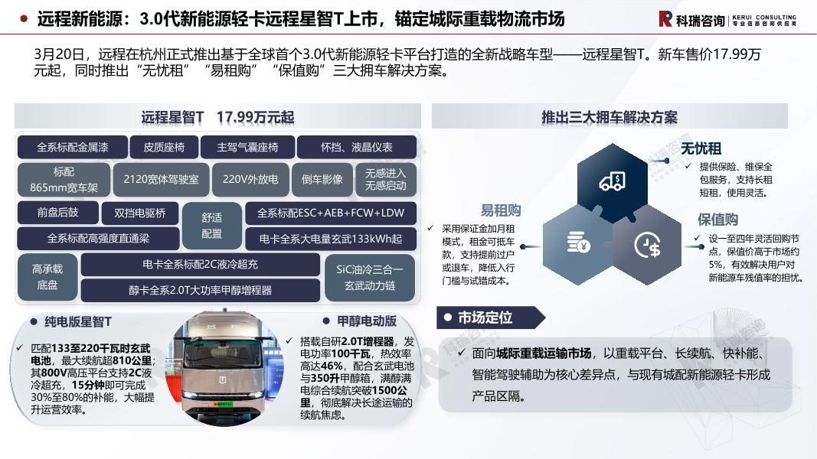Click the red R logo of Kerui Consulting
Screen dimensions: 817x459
tap(665, 19)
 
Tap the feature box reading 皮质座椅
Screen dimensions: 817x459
tap(164, 148)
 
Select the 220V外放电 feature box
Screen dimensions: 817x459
tap(250, 180)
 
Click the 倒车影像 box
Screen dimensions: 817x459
tap(322, 180)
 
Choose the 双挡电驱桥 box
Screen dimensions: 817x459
tap(139, 213)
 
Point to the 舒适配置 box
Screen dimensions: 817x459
tap(211, 226)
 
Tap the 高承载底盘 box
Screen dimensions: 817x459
tap(47, 277)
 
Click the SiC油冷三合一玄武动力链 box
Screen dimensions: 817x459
tap(369, 278)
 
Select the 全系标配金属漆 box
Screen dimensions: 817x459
tap(73, 148)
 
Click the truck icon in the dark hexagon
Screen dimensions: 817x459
tap(613, 181)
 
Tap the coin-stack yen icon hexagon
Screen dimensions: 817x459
tap(578, 243)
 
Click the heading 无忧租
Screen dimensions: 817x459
tap(701, 149)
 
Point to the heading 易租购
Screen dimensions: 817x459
tap(501, 210)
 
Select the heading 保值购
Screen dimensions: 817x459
tap(717, 220)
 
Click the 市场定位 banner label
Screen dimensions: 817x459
tap(485, 317)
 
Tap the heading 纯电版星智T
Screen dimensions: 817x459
tap(77, 321)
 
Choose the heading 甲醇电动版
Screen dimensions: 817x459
tap(367, 321)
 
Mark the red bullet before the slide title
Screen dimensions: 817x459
tap(24, 19)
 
